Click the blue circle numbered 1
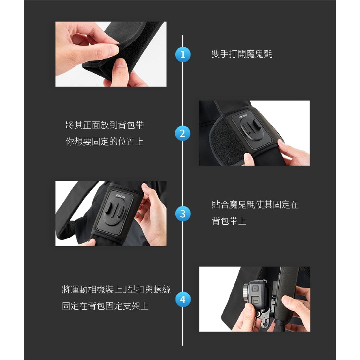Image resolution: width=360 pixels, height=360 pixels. pyautogui.click(x=182, y=54)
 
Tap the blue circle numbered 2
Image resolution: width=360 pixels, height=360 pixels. pyautogui.click(x=182, y=133)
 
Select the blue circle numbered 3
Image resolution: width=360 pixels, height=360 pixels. pyautogui.click(x=182, y=214)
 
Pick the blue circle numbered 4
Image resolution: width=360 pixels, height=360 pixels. pyautogui.click(x=182, y=299)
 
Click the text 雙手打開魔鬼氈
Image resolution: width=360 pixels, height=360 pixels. pyautogui.click(x=242, y=54)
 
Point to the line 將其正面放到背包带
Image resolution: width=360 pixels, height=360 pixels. pyautogui.click(x=105, y=125)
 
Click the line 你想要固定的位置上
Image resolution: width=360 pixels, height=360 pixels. pyautogui.click(x=105, y=141)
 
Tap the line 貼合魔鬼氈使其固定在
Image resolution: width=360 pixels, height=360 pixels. pyautogui.click(x=255, y=204)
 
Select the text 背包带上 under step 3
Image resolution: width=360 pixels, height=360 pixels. pyautogui.click(x=229, y=221)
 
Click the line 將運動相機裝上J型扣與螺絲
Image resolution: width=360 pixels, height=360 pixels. pyautogui.click(x=116, y=290)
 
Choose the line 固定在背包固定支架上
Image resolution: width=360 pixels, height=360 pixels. pyautogui.click(x=105, y=306)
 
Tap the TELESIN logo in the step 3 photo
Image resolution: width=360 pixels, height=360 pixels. pyautogui.click(x=121, y=197)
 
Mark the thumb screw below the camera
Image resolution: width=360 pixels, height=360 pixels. pyautogui.click(x=260, y=314)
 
